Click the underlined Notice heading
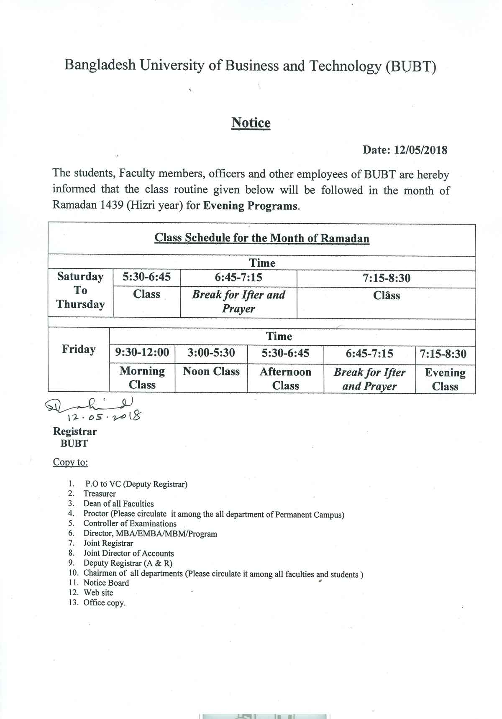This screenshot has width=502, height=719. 251,123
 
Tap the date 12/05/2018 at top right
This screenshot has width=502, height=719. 420,150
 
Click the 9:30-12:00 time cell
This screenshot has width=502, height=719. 142,353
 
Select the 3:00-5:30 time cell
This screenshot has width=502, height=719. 211,353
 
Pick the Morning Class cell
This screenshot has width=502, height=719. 142,378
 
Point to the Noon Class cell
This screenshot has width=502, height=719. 211,372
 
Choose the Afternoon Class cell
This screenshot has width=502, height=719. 285,378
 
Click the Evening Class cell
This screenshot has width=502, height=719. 445,379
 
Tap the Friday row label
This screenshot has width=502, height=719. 79,349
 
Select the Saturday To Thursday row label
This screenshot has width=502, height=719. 80,291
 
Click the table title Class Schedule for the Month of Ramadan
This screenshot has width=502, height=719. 262,238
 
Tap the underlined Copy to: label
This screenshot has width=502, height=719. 70,462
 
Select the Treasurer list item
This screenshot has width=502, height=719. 100,494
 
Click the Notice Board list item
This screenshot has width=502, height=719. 106,583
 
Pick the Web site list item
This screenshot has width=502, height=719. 98,593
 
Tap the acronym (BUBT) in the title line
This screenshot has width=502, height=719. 411,66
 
